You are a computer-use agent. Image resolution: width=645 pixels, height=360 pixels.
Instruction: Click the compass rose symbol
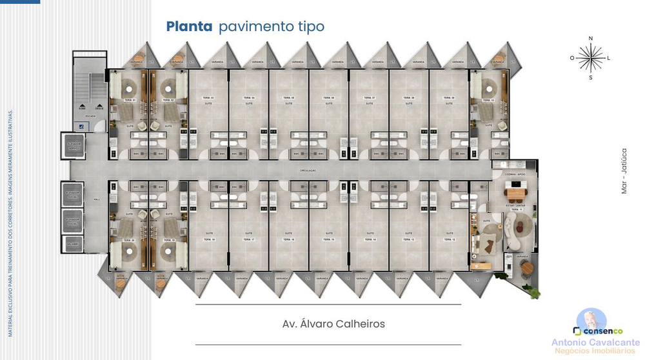(x=590, y=58)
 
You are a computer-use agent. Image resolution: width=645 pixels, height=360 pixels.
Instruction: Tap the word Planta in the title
(x=189, y=26)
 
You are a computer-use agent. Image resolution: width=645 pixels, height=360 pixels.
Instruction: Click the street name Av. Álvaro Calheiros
(x=333, y=323)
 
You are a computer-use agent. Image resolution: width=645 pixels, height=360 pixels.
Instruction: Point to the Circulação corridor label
(x=308, y=170)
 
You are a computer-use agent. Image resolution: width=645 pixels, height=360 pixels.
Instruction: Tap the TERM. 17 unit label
(x=248, y=239)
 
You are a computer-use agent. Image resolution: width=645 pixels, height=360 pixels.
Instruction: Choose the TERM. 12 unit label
(x=448, y=239)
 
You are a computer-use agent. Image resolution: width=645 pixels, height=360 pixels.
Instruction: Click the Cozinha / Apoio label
(x=515, y=175)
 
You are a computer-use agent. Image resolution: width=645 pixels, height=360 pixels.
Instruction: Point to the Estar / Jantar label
(x=515, y=206)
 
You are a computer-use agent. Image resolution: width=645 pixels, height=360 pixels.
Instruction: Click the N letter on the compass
(x=590, y=39)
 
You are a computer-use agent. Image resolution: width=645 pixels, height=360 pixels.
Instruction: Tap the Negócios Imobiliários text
(x=595, y=352)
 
